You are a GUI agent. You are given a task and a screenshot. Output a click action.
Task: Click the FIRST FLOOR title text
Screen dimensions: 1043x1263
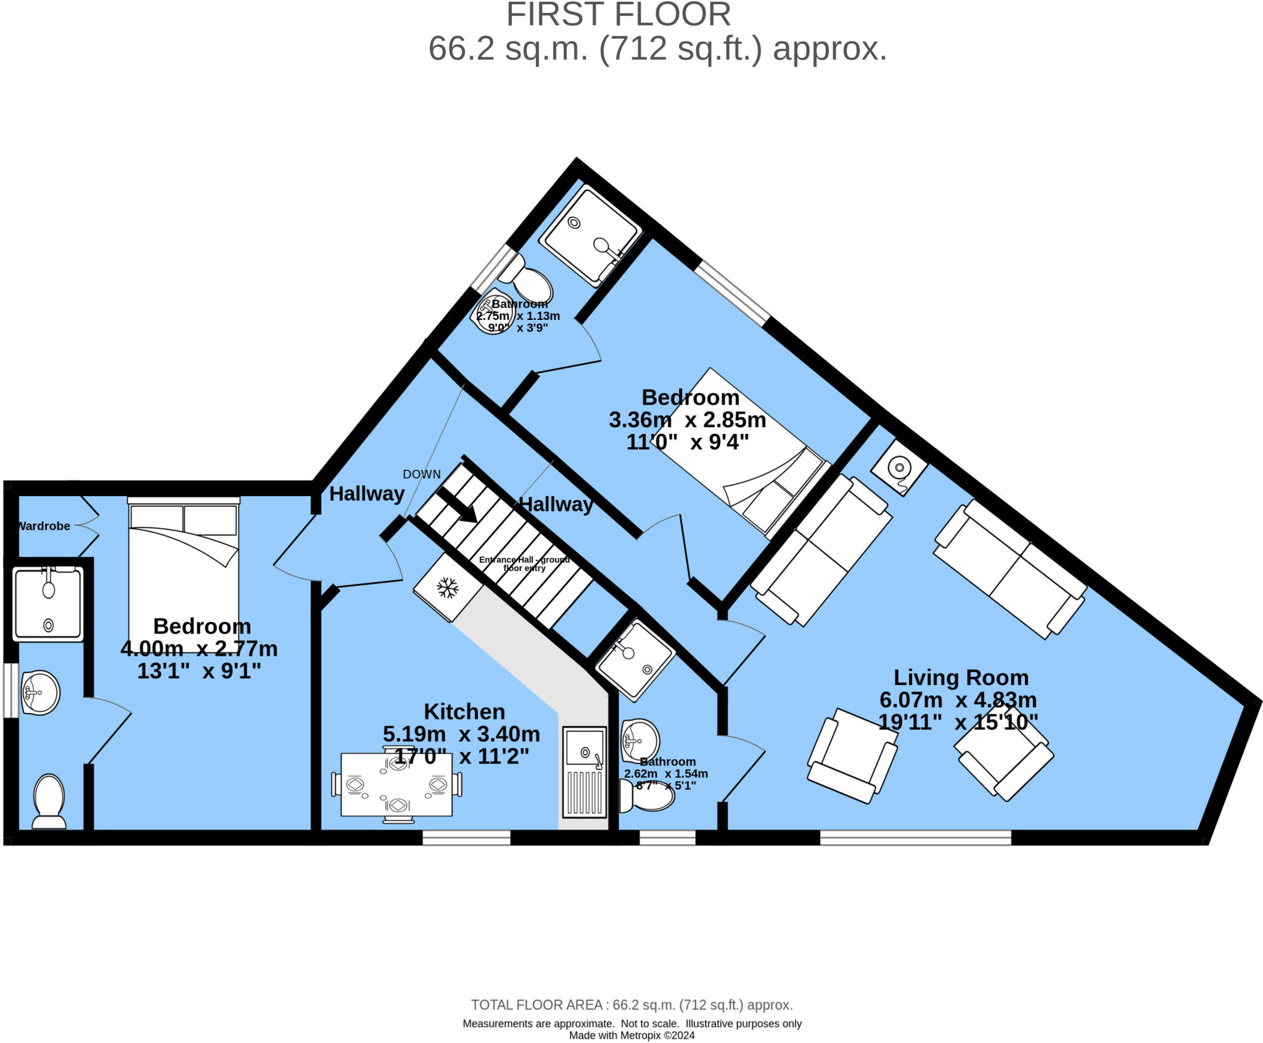(618, 15)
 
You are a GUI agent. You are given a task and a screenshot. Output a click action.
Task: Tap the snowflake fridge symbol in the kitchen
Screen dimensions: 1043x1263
(448, 587)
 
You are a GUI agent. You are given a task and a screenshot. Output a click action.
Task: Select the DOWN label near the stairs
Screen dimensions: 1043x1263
(422, 474)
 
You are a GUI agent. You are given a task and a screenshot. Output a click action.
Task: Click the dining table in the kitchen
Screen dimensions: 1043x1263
(397, 785)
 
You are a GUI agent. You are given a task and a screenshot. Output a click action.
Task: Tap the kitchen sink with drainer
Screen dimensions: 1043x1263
(584, 772)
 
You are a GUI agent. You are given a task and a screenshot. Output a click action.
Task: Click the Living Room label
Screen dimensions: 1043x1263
(961, 677)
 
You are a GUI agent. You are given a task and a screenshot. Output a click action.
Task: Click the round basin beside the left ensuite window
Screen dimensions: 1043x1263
(40, 692)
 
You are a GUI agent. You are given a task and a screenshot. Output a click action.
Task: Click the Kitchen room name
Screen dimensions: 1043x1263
(464, 711)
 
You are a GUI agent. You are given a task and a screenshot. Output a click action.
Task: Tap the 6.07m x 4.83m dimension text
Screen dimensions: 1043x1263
(958, 700)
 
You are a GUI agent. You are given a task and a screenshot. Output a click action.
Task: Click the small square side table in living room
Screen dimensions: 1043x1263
(899, 467)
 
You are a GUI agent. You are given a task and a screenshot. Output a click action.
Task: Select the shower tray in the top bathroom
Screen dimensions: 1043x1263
(592, 235)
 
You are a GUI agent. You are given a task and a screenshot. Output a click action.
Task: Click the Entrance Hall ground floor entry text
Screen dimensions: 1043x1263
(524, 563)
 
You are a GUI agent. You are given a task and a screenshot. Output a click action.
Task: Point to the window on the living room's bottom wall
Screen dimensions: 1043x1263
(915, 837)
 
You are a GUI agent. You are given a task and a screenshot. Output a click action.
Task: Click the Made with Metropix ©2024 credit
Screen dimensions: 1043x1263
(631, 1036)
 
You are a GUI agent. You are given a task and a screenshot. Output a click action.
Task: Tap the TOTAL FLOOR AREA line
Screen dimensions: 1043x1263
(631, 1005)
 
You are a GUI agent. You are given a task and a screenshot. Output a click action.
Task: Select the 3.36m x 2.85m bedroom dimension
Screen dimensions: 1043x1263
(687, 420)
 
